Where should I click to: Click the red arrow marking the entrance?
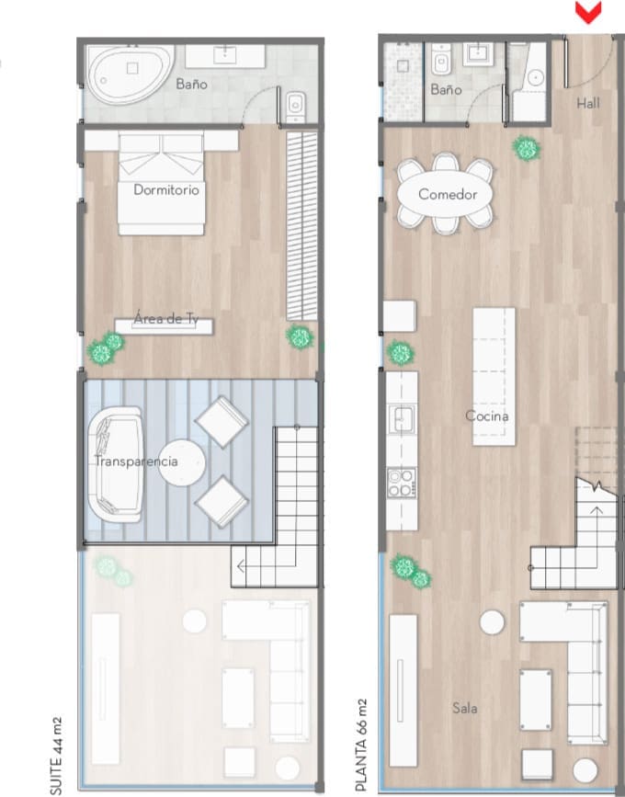[x=588, y=13]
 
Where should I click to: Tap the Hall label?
[x=588, y=103]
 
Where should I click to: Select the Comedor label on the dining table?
[x=448, y=194]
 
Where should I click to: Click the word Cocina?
[x=487, y=416]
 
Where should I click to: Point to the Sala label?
[x=465, y=708]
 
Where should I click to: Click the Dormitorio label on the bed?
[x=166, y=189]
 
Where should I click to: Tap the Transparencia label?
[x=136, y=461]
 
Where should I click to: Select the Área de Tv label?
[x=166, y=319]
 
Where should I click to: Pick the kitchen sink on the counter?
[x=402, y=419]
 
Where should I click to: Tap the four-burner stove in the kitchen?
[x=402, y=483]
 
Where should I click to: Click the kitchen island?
[x=494, y=377]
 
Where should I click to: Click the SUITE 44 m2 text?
[x=56, y=756]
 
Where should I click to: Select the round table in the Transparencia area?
[x=181, y=463]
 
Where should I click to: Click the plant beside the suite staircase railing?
[x=300, y=337]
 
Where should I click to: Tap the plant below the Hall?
[x=527, y=148]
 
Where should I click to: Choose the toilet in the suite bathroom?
[x=295, y=107]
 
